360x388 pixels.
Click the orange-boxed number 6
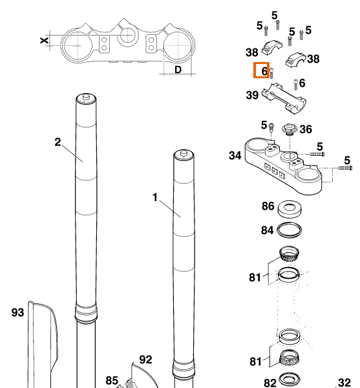tap(264, 71)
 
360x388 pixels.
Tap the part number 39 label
tap(252, 95)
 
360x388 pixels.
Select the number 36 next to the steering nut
tap(306, 129)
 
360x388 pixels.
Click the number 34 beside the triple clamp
tap(235, 156)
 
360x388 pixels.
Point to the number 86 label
tap(268, 206)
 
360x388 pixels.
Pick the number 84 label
tap(268, 230)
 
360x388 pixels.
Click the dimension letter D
tap(178, 70)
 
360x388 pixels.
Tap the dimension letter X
tap(44, 40)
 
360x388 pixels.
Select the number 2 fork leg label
tap(58, 142)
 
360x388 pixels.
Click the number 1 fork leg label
tap(155, 197)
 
